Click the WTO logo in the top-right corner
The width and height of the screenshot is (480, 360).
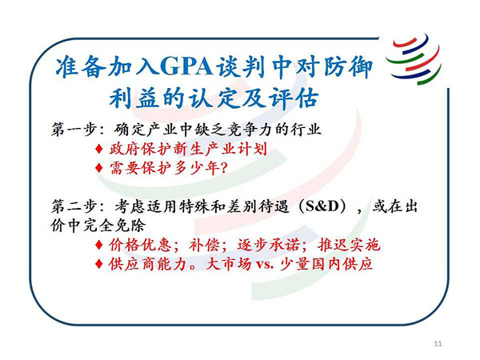point(414,58)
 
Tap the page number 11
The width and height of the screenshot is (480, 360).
point(438,343)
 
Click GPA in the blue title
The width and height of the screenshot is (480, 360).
point(186,66)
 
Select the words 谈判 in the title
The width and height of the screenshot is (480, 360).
point(241,66)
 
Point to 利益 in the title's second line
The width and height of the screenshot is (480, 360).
point(134,98)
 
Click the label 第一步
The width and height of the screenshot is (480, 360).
point(74,130)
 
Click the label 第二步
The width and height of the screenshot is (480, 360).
point(74,206)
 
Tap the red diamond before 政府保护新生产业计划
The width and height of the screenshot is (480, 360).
point(99,150)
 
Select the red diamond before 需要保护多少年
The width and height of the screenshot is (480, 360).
point(99,168)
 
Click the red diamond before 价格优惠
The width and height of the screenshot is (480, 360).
point(99,245)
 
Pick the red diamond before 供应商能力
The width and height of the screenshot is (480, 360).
point(99,264)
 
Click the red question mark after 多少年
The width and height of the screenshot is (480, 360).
point(224,168)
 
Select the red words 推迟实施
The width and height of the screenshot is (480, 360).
point(349,245)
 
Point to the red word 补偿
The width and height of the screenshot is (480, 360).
point(204,245)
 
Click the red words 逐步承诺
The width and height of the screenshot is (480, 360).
point(269,245)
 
